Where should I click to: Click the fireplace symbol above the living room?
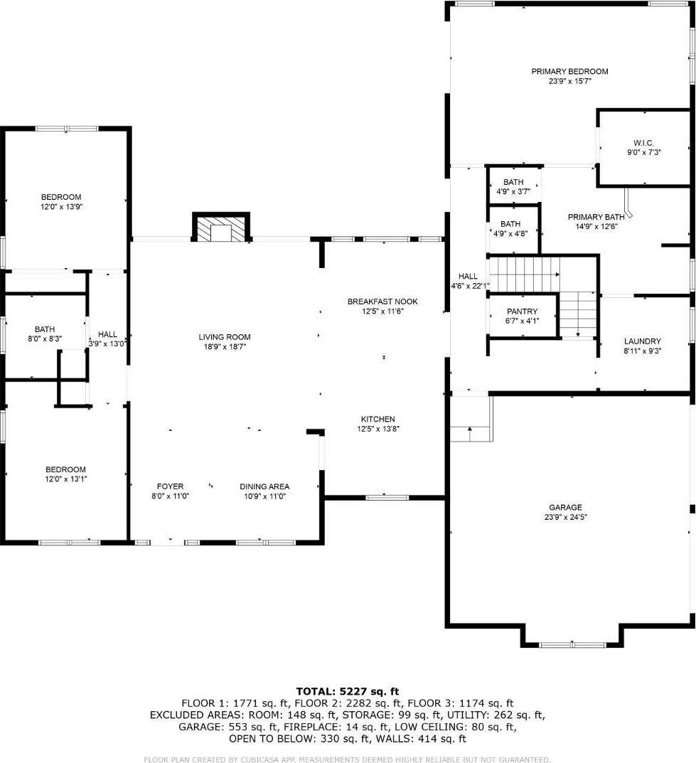click(x=221, y=230)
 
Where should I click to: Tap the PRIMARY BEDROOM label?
click(x=569, y=71)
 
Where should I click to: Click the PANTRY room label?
click(x=522, y=311)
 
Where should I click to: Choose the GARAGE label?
click(x=569, y=507)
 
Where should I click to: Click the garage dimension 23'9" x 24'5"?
click(x=569, y=517)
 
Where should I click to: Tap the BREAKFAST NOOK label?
click(x=382, y=302)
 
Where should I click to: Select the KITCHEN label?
click(x=378, y=419)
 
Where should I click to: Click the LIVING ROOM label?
click(x=225, y=337)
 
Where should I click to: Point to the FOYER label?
click(x=171, y=486)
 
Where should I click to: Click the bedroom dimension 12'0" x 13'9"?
click(x=60, y=207)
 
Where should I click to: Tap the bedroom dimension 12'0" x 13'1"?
click(x=65, y=479)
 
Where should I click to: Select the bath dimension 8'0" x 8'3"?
click(x=45, y=339)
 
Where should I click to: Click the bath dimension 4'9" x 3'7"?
click(x=513, y=192)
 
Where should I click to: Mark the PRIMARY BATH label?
click(x=596, y=217)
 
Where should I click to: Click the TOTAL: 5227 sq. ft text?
click(x=348, y=690)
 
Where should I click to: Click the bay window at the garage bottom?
click(x=572, y=644)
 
